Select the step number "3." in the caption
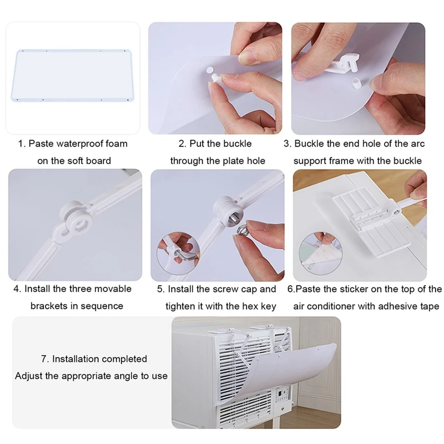click(x=287, y=144)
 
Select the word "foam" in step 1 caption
click(x=115, y=144)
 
